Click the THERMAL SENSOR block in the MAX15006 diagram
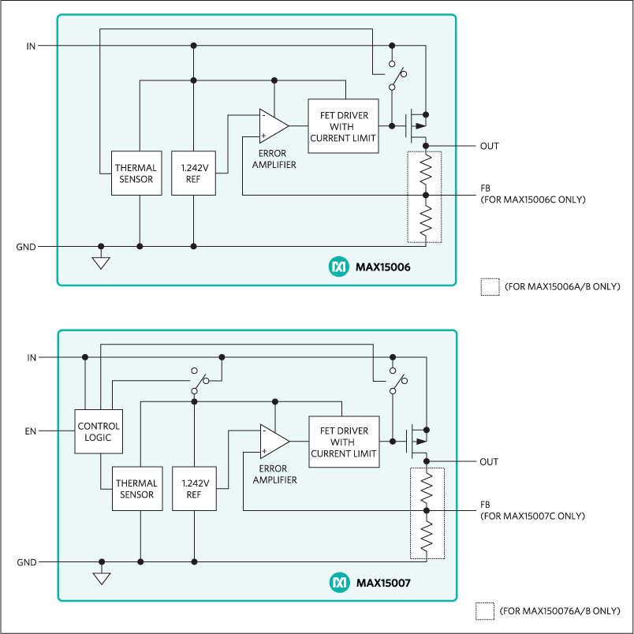(x=136, y=173)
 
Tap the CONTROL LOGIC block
(x=99, y=431)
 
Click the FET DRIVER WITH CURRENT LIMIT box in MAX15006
(x=343, y=126)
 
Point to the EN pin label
(x=31, y=431)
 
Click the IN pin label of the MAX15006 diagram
(x=31, y=46)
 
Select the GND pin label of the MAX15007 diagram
(x=26, y=562)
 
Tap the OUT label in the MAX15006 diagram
(x=489, y=146)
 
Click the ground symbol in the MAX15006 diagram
(x=101, y=262)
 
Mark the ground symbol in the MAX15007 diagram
(x=102, y=578)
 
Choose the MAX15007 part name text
(x=383, y=584)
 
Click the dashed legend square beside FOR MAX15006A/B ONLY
(x=489, y=286)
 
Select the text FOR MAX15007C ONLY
(x=532, y=516)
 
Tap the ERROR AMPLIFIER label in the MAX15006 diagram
(x=272, y=159)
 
